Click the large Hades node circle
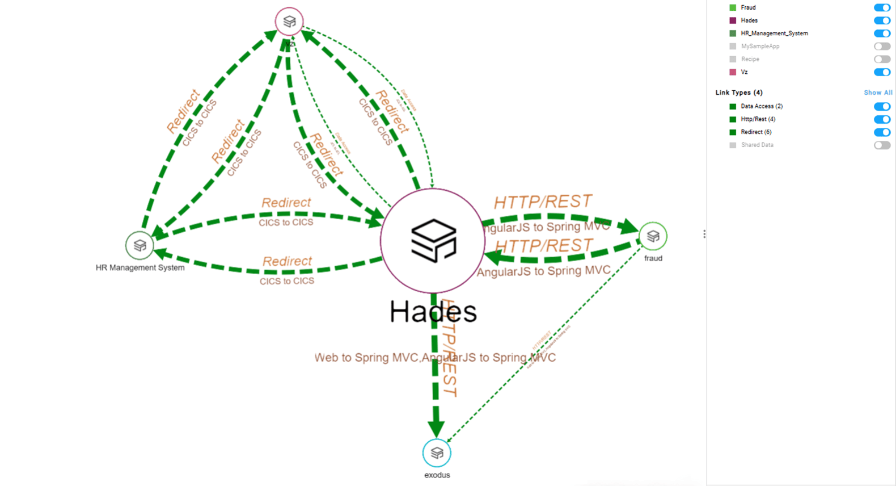433,241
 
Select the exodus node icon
437,453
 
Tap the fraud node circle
653,236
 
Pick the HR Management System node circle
140,245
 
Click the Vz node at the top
289,22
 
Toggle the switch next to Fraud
882,7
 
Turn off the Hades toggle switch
882,20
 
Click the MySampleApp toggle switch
882,47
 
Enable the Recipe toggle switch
882,59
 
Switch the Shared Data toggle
882,145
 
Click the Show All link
878,93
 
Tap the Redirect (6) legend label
756,132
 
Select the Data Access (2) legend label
762,106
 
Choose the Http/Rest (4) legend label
758,119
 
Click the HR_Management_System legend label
774,33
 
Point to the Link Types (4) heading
739,93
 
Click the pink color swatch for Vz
733,72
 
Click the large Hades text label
433,312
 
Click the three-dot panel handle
704,234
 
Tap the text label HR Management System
140,267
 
